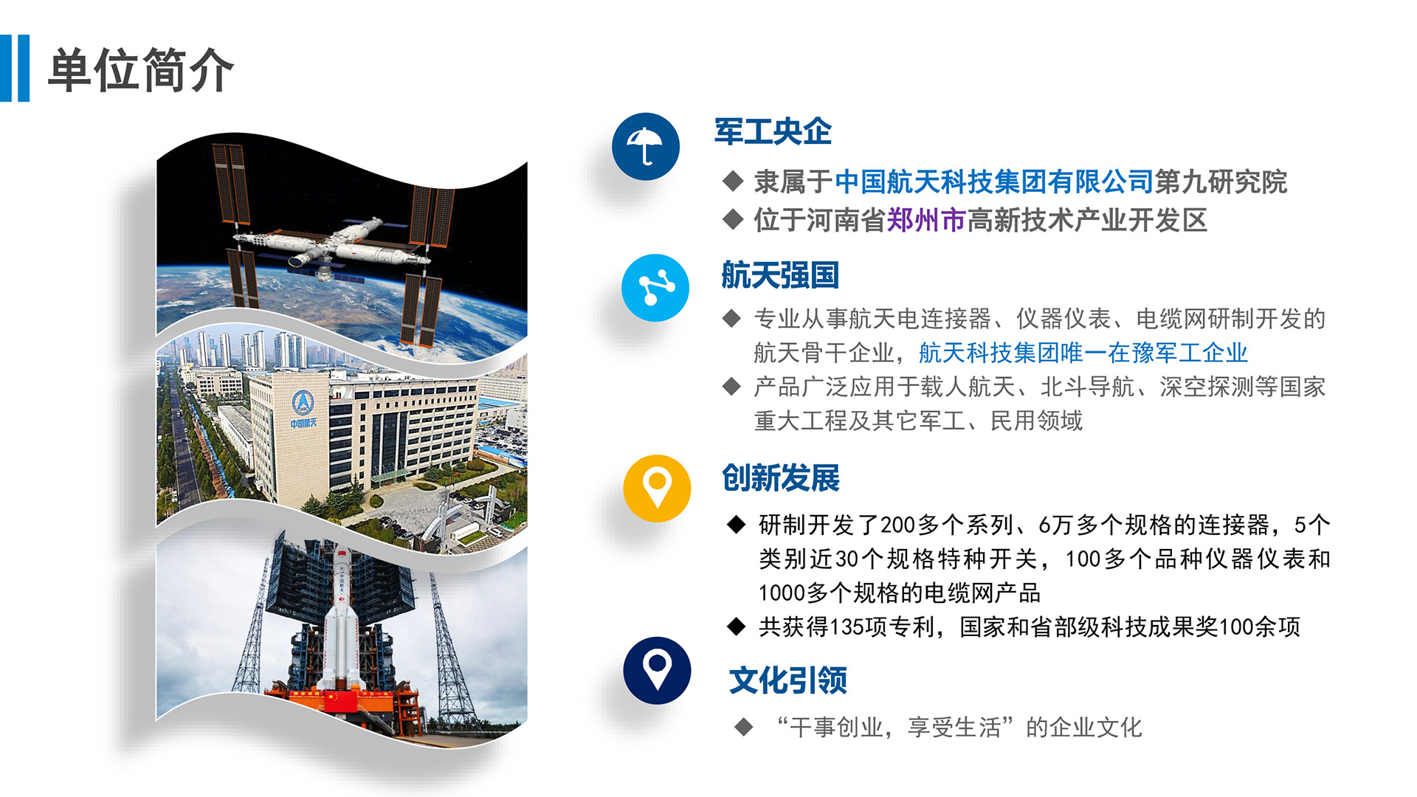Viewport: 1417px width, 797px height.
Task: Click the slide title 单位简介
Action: click(x=141, y=70)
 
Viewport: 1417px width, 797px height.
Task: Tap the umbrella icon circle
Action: click(x=646, y=146)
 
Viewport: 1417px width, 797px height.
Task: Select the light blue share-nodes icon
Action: click(x=655, y=288)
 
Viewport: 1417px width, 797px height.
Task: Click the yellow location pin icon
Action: click(x=657, y=489)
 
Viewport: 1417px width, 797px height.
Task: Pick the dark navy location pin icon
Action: click(x=657, y=670)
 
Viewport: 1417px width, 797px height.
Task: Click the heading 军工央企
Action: click(x=773, y=132)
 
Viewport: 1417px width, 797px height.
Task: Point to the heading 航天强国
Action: click(x=780, y=275)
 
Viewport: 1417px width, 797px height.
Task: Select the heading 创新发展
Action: click(x=781, y=478)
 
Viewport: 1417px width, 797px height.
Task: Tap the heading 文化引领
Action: click(x=788, y=680)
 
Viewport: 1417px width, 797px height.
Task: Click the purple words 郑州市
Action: click(x=926, y=220)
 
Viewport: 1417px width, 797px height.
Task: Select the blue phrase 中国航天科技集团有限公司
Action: click(x=994, y=182)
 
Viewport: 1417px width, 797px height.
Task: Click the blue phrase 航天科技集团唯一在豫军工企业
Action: click(x=1083, y=353)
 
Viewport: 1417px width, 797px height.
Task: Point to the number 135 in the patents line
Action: click(x=847, y=627)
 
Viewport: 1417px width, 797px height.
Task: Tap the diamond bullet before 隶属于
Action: click(x=733, y=181)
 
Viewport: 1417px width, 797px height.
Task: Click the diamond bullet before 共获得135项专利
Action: click(x=737, y=627)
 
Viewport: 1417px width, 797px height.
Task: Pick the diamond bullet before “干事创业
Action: click(x=744, y=727)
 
